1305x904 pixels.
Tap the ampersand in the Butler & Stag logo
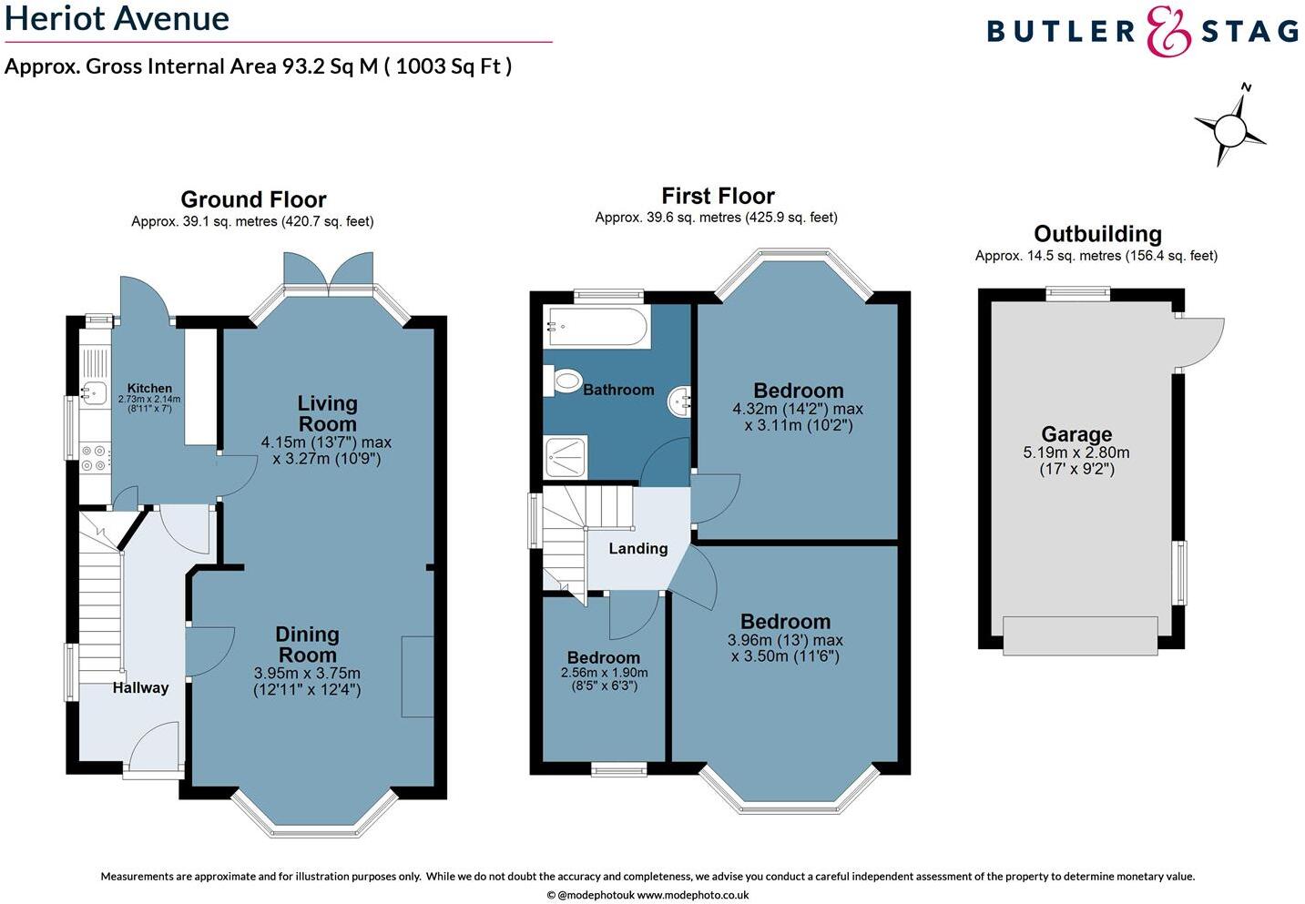1168,32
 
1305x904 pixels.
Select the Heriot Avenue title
117,18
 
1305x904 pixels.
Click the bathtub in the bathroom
596,326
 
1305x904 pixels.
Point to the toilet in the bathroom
565,380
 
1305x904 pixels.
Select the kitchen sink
94,393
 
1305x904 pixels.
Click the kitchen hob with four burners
94,458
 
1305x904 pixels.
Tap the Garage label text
1076,434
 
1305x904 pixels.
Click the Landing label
637,548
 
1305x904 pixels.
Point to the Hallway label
140,687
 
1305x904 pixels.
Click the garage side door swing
1200,342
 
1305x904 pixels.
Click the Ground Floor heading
253,199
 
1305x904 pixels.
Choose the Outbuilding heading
1097,234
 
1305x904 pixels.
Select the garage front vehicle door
1080,635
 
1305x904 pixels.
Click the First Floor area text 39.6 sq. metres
716,218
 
